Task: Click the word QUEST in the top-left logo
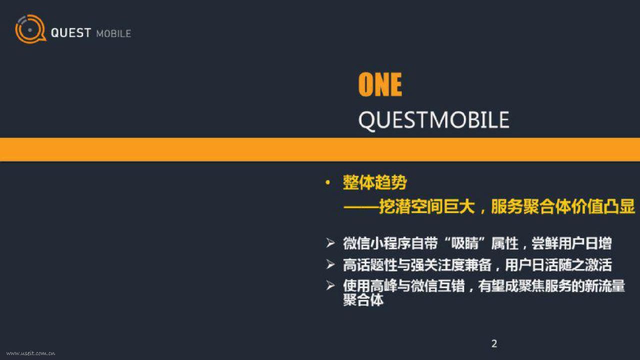click(71, 33)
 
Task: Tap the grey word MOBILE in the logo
click(113, 33)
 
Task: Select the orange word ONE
click(380, 84)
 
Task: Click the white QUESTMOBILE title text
click(433, 120)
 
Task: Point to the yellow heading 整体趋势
click(375, 182)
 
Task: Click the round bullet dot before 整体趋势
click(327, 182)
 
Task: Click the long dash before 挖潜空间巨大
click(361, 206)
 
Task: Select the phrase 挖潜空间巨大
click(427, 206)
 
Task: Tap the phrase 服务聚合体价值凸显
click(563, 206)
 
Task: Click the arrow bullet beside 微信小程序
click(330, 243)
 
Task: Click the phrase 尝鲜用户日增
click(571, 243)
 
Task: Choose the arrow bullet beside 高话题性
click(330, 264)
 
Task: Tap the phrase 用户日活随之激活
click(558, 265)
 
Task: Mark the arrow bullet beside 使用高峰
click(330, 285)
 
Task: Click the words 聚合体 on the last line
click(363, 300)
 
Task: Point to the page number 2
click(494, 343)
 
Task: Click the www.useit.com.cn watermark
click(30, 353)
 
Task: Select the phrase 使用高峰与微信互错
click(404, 286)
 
